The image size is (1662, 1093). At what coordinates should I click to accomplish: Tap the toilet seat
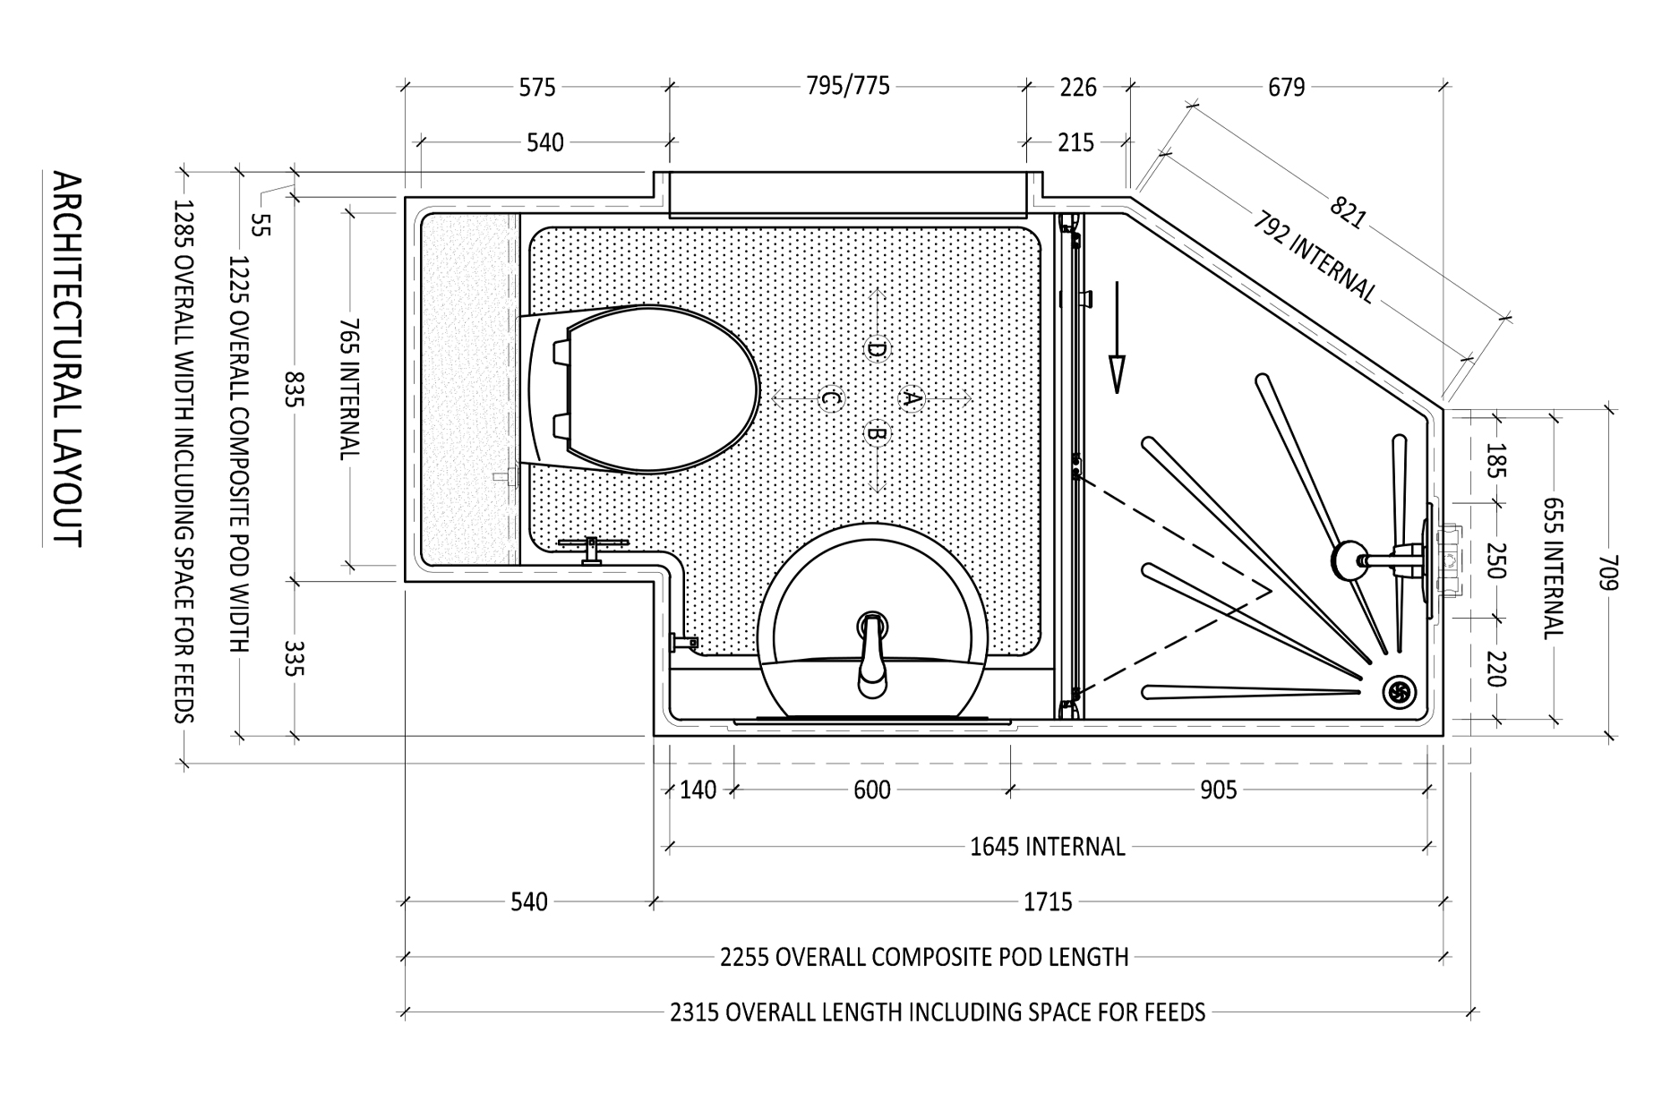click(658, 391)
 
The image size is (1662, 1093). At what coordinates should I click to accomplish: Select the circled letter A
click(912, 397)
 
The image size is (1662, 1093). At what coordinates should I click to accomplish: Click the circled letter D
click(876, 349)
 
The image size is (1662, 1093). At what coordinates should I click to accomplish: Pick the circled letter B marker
click(877, 435)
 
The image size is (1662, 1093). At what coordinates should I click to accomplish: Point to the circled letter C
click(830, 397)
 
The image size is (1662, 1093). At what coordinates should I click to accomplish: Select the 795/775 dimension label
click(847, 86)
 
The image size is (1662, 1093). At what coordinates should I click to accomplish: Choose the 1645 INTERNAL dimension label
click(1047, 847)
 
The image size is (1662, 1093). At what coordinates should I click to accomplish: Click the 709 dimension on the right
click(1609, 572)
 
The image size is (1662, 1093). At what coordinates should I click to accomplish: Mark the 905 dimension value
click(1218, 790)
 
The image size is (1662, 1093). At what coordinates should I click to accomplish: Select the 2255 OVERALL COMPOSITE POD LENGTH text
click(923, 957)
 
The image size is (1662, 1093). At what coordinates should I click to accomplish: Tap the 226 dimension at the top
click(1077, 87)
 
